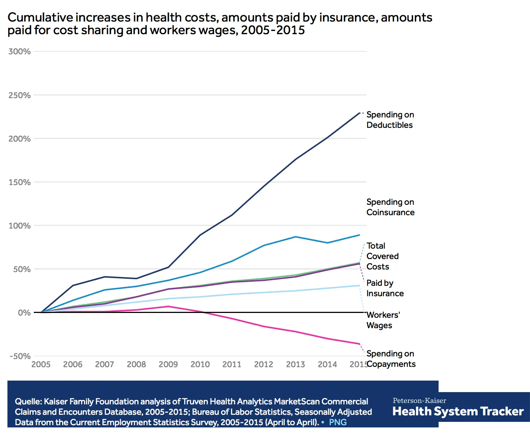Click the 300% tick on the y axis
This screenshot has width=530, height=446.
coord(19,52)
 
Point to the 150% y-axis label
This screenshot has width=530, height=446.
coord(19,182)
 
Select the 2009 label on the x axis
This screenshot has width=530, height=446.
coord(168,365)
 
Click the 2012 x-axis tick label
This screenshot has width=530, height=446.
coord(264,365)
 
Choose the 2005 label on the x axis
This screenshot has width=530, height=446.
coord(41,365)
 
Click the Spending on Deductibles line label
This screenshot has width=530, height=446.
coord(390,120)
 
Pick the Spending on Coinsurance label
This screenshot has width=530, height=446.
coord(390,207)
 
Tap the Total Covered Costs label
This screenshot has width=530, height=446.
coord(382,256)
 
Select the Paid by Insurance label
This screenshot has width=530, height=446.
coord(385,288)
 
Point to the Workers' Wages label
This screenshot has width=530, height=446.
coord(383,320)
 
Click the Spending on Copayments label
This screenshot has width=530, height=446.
coord(391,359)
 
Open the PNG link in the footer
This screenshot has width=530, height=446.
coord(337,423)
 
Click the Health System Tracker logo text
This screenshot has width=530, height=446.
coord(458,411)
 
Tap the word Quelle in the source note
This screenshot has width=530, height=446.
coord(28,402)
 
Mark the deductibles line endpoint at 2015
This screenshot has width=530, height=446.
coord(359,113)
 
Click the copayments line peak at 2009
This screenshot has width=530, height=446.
coord(168,306)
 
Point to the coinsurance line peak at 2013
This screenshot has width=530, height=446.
coord(295,237)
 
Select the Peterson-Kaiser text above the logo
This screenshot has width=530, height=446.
coord(419,401)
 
